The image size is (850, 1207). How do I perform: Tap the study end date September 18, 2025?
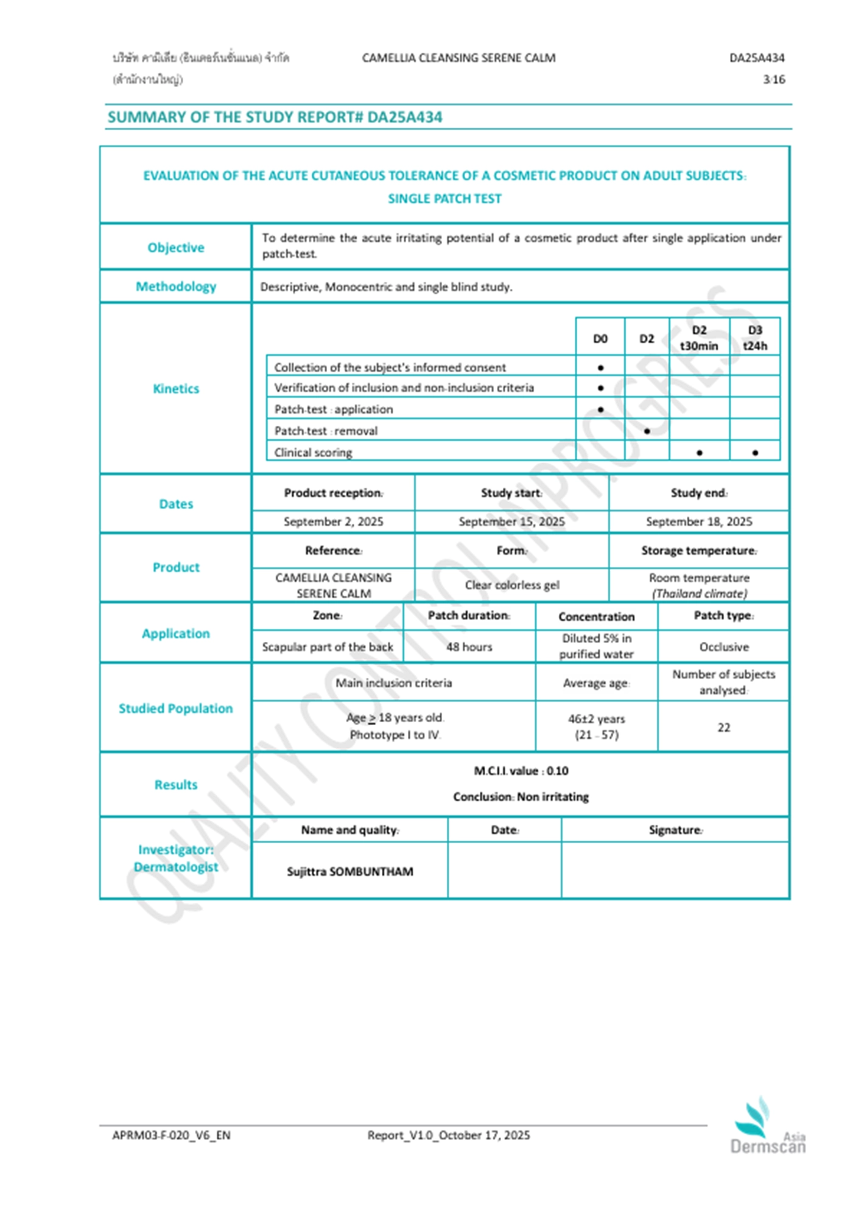click(x=699, y=521)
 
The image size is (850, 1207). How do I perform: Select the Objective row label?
click(x=175, y=247)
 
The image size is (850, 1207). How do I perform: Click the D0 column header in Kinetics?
click(x=600, y=338)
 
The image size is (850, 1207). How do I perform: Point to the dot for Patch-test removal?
click(x=647, y=431)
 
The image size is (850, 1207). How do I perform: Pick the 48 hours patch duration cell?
click(x=469, y=647)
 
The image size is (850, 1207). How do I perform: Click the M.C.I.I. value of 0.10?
click(x=521, y=771)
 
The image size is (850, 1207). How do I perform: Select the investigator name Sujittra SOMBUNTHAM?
click(x=349, y=871)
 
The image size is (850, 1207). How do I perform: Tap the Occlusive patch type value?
click(x=723, y=647)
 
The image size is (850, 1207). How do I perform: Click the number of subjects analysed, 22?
click(x=723, y=727)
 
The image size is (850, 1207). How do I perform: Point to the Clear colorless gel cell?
click(x=511, y=585)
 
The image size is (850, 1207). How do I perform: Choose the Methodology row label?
click(x=175, y=286)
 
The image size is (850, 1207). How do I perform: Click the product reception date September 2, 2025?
click(x=333, y=521)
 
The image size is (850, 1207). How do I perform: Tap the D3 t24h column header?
click(x=754, y=338)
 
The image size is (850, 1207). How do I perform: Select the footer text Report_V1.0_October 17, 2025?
click(x=448, y=1135)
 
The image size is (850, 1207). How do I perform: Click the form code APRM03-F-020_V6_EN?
click(x=171, y=1135)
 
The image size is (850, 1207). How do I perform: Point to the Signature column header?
click(x=675, y=830)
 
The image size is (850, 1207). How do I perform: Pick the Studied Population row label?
click(x=175, y=708)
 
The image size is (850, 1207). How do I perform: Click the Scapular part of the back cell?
click(x=328, y=647)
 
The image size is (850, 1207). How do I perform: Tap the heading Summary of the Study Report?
click(x=275, y=117)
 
